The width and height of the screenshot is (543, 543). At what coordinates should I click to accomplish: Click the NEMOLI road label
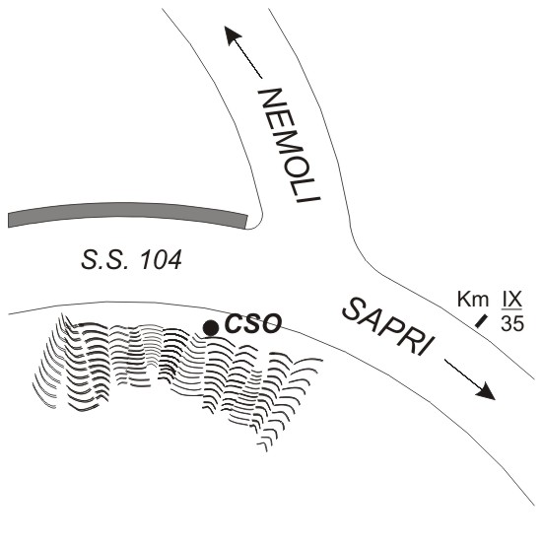pos(290,146)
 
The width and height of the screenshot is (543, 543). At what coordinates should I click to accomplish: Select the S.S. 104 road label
pos(132,260)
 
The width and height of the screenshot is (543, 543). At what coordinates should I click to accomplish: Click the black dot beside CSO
pos(211,328)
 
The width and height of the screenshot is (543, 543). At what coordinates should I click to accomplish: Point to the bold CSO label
pos(252,323)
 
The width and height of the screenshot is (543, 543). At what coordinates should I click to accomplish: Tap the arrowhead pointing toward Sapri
pos(486,391)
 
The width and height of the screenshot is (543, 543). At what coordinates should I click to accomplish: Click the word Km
pos(473,299)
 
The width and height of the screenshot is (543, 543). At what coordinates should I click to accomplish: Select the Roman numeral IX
pos(511,299)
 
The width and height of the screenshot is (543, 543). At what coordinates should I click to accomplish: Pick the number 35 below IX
pos(512,323)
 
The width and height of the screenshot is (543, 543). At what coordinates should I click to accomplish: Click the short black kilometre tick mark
pos(481,321)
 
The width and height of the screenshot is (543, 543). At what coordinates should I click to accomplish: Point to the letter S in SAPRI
pos(353,309)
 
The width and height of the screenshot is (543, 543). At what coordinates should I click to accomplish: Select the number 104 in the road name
pos(160,260)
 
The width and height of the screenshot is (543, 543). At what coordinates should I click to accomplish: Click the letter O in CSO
pos(271,323)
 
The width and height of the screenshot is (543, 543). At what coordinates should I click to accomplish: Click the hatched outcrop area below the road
pos(167,367)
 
